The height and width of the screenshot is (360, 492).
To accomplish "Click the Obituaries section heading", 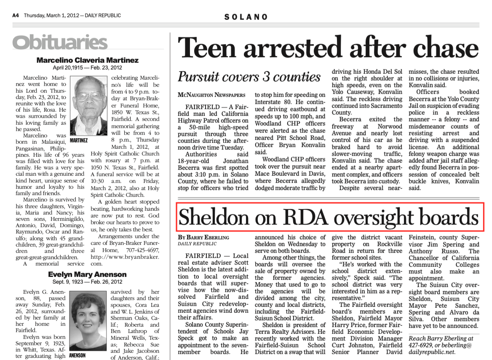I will (60, 42).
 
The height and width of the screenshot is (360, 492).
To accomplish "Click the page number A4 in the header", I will (16, 16).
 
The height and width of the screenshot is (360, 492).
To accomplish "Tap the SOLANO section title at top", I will (246, 17).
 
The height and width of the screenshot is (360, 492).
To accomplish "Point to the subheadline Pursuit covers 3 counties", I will (249, 77).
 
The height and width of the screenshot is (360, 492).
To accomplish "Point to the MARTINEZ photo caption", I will (79, 140).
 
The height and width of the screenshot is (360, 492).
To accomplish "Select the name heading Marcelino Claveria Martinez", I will (88, 60).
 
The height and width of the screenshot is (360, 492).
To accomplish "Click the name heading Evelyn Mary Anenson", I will (88, 275).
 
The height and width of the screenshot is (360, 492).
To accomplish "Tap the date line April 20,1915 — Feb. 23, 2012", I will (88, 67).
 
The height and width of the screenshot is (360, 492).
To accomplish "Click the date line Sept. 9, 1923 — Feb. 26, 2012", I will (88, 282).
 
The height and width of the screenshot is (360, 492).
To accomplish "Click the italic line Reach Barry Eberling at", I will (441, 339).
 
